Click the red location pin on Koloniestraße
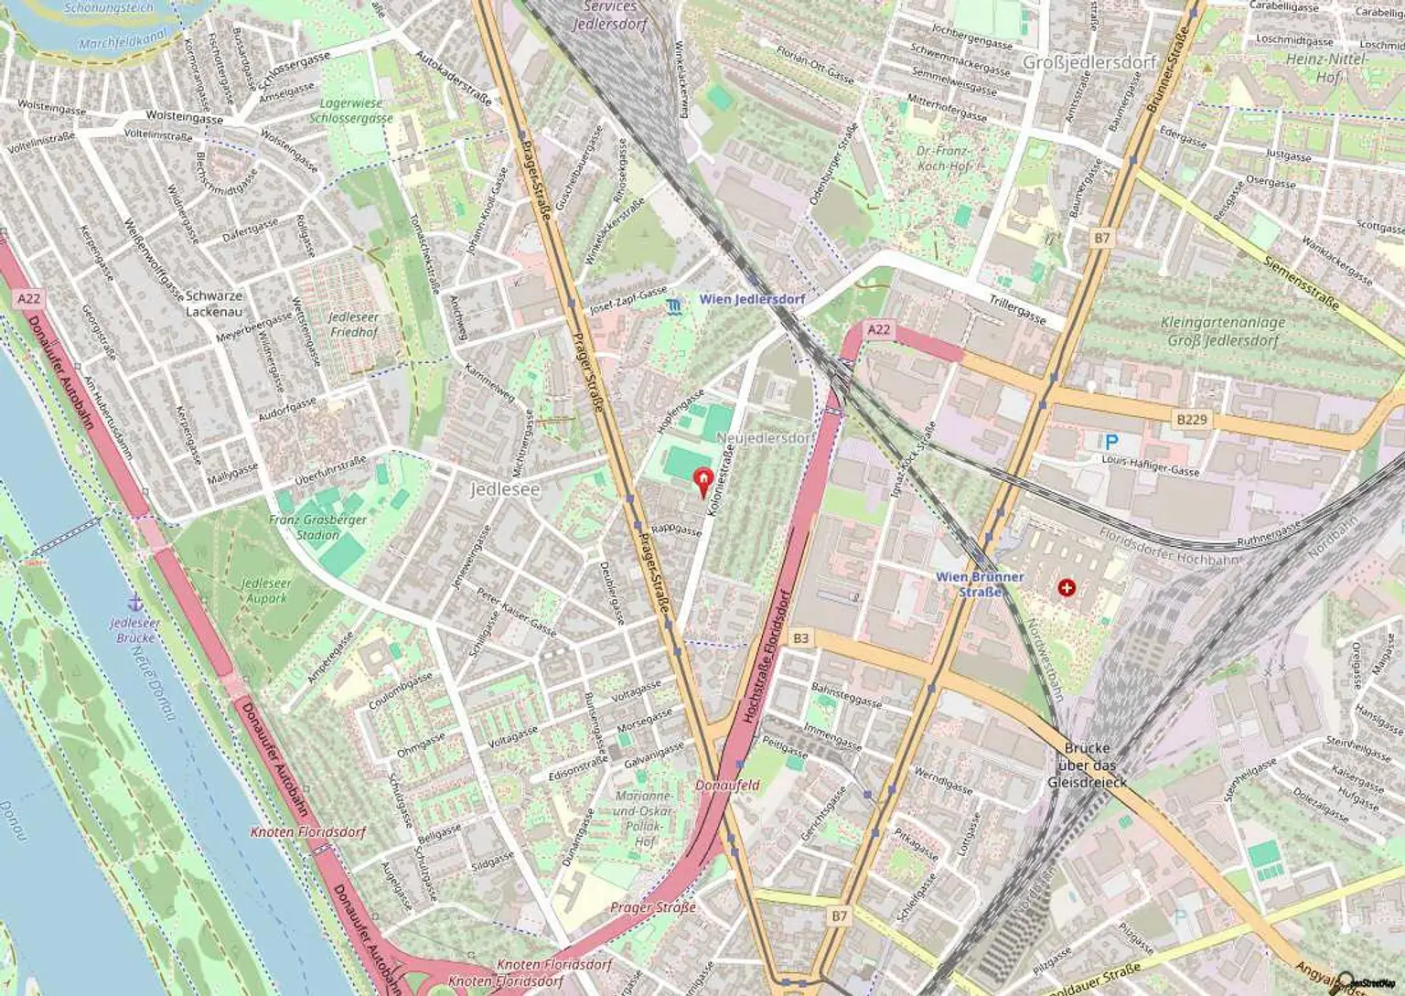pos(702,479)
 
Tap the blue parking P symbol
pos(1111,442)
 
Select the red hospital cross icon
pos(1066,587)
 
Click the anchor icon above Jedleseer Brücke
pos(134,603)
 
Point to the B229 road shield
pos(1192,419)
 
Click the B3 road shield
pos(801,637)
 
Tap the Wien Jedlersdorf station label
pos(752,299)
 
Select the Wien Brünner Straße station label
pos(980,584)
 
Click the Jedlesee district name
pos(505,489)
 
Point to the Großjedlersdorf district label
pos(1089,62)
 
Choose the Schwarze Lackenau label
pos(214,304)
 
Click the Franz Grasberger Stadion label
pos(317,527)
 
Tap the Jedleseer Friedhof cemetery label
pos(353,325)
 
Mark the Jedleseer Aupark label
pos(266,591)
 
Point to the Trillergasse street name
pos(1017,310)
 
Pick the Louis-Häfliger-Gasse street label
pos(1151,466)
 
